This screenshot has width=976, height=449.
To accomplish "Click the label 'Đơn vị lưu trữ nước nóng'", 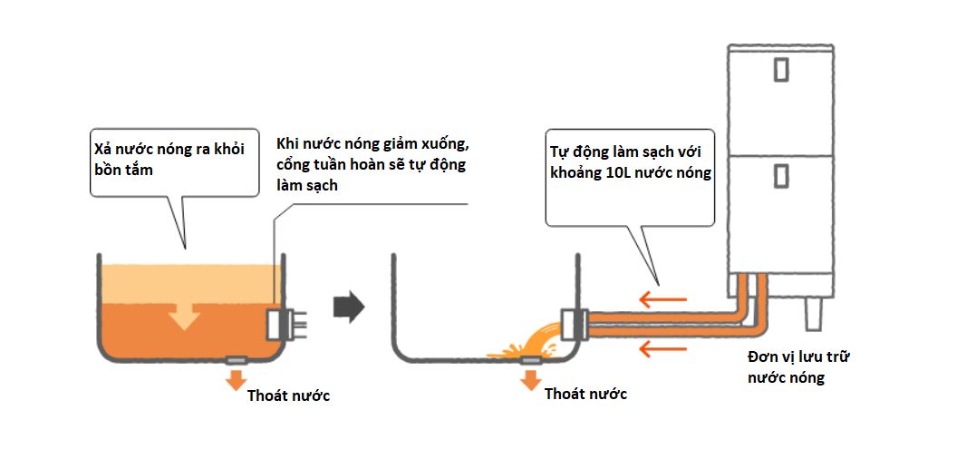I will click(798, 367).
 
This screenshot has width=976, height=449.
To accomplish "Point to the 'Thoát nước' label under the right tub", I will click(585, 395).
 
